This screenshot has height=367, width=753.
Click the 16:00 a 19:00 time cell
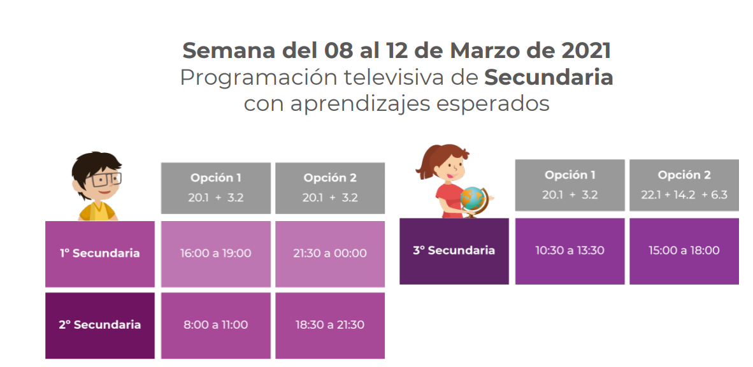pyautogui.click(x=215, y=254)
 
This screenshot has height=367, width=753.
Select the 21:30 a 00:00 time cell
pyautogui.click(x=330, y=254)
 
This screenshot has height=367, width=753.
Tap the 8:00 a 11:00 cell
pyautogui.click(x=215, y=325)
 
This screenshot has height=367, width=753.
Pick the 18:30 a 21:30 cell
pyautogui.click(x=330, y=325)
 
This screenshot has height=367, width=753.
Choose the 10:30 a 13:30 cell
pyautogui.click(x=570, y=251)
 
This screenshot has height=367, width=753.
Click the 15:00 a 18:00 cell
pyautogui.click(x=684, y=251)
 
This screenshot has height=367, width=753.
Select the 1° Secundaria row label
pyautogui.click(x=100, y=254)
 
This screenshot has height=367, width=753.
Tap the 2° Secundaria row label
pyautogui.click(x=100, y=325)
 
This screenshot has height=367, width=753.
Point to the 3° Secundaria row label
pyautogui.click(x=454, y=251)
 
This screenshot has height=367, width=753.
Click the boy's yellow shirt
pyautogui.click(x=97, y=212)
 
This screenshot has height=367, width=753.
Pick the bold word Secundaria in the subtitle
pyautogui.click(x=549, y=78)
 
